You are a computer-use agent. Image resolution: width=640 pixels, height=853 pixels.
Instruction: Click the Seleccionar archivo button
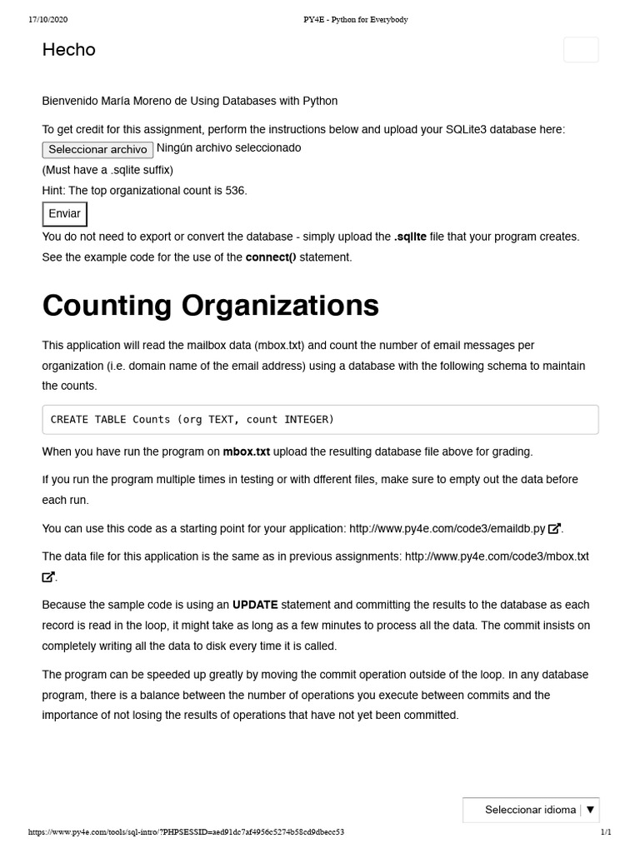(97, 150)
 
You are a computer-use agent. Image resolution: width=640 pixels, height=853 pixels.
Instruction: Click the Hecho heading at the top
(69, 50)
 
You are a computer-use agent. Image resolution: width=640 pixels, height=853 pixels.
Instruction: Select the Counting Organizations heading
(210, 306)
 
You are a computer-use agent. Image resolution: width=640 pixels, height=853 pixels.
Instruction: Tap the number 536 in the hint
(236, 191)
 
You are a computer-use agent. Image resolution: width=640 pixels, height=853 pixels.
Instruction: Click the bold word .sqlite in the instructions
(410, 237)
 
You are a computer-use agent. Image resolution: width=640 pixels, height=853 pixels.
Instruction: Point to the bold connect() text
(271, 257)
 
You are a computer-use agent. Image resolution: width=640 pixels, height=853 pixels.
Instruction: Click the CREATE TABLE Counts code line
(192, 420)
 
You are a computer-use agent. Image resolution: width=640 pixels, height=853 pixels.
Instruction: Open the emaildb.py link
(447, 528)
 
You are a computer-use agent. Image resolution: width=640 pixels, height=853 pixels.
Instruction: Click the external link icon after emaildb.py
(555, 528)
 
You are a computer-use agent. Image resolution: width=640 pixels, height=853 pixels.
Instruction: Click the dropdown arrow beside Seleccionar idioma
(590, 810)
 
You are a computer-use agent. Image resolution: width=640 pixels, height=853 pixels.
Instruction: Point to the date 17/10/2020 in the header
(47, 19)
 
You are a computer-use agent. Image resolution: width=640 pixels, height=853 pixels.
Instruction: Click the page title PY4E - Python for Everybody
(355, 19)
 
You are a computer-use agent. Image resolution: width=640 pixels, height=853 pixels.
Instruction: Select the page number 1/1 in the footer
(606, 832)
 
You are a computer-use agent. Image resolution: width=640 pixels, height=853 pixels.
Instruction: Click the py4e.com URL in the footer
(186, 832)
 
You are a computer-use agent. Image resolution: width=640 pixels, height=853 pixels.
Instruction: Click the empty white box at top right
(581, 50)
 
